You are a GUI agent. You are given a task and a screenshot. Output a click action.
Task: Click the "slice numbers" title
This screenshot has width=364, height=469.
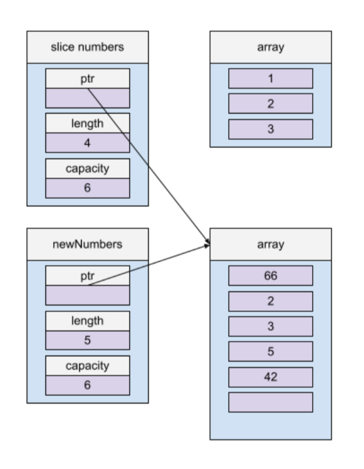click(x=87, y=47)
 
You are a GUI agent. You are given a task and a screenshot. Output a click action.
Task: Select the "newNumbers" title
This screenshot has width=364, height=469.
click(x=87, y=244)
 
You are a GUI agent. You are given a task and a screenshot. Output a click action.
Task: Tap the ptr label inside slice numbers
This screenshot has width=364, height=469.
click(x=87, y=79)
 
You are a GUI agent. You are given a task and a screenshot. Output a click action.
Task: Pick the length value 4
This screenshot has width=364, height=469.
click(x=87, y=143)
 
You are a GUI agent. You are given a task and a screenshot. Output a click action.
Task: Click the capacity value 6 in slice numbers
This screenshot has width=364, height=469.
click(x=87, y=188)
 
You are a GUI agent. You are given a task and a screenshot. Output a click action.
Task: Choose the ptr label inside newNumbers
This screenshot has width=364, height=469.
click(x=87, y=276)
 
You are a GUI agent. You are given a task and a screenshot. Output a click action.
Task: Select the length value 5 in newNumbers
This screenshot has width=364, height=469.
click(x=87, y=340)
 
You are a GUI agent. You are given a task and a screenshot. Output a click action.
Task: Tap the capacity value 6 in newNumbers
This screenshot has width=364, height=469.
click(x=87, y=385)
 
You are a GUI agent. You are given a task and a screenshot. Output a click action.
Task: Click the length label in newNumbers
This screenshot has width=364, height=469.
click(x=87, y=320)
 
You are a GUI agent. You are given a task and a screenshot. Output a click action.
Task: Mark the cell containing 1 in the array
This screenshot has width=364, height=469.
click(x=270, y=79)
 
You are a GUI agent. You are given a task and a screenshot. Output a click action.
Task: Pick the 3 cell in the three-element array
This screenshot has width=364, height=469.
click(x=270, y=129)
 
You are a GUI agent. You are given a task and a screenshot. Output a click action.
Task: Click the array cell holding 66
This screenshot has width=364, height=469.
click(x=270, y=276)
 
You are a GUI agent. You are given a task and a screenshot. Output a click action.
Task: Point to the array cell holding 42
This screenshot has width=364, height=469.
click(x=270, y=377)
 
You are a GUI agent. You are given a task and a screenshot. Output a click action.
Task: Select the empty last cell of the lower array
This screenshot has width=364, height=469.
click(x=270, y=402)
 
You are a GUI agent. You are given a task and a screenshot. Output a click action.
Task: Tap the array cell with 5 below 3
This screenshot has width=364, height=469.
click(x=270, y=352)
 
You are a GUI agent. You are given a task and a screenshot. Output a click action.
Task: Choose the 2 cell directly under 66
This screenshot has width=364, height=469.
click(x=270, y=302)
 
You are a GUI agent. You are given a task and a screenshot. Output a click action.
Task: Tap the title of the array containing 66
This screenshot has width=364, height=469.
click(x=270, y=244)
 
